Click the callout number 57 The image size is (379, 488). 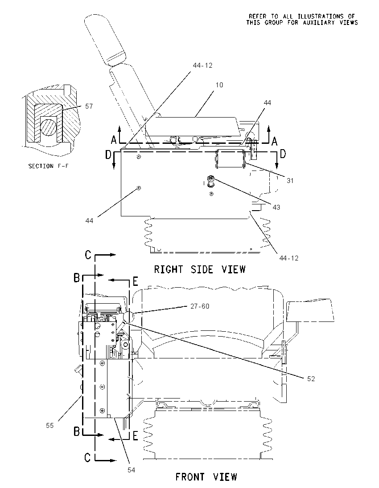[x=89, y=106]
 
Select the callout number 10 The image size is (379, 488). [x=219, y=85]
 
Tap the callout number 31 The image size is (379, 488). [x=290, y=180]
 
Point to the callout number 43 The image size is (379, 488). [x=276, y=207]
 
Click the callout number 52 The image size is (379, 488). [x=311, y=378]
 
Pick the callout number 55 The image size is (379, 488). [x=50, y=426]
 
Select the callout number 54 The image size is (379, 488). [x=131, y=470]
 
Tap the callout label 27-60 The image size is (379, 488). [x=200, y=306]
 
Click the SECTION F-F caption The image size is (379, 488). [x=48, y=166]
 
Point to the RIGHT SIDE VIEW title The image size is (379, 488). [x=200, y=269]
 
